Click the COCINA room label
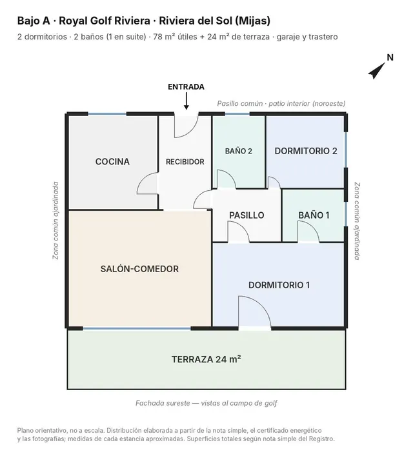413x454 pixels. pos(112,162)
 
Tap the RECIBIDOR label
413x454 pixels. pos(185,162)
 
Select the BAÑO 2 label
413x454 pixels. pos(239,151)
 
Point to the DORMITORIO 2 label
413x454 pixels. pos(306,151)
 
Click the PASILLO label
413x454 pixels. pos(247,215)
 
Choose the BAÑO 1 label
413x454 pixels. pos(314,215)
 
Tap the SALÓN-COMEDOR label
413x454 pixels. pos(139,269)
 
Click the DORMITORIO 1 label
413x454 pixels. pos(279,285)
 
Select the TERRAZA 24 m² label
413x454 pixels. pos(206,359)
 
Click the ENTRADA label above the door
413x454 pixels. pos(186,87)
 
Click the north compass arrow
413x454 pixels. pos(377,71)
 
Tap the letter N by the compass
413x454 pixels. pos(390,57)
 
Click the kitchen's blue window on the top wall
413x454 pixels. pos(107,114)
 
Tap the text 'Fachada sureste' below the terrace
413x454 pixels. pos(163,403)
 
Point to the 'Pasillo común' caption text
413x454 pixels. pos(240,103)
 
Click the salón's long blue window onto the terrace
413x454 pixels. pos(137,329)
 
